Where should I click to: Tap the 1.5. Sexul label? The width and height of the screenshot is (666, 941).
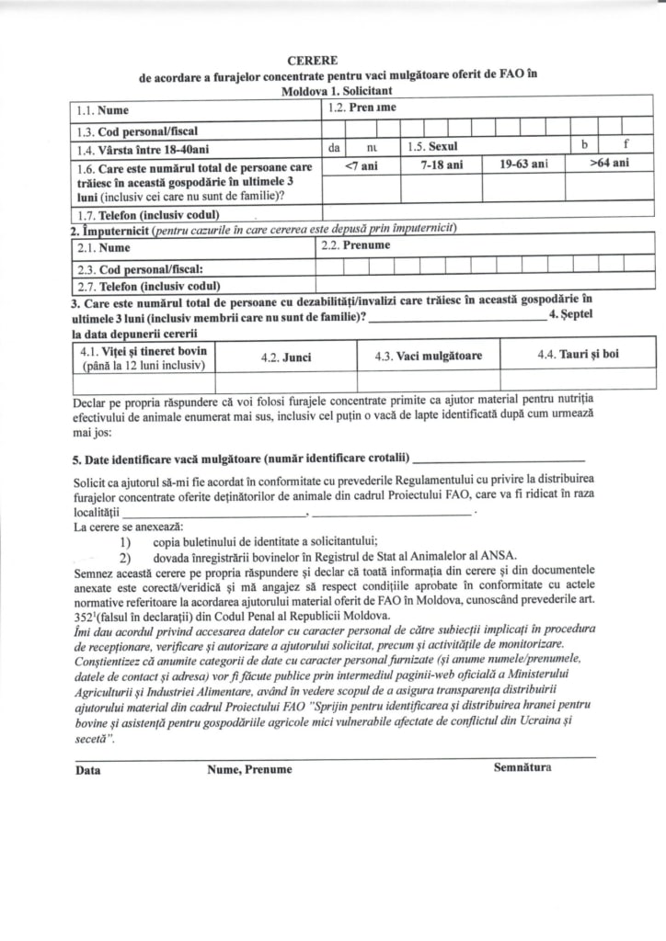(432, 146)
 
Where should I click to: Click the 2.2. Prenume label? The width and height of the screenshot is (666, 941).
(355, 246)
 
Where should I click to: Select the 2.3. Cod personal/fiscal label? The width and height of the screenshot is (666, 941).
(136, 269)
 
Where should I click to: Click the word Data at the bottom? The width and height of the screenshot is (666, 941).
(88, 770)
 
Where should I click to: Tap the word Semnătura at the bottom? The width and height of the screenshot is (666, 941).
(522, 766)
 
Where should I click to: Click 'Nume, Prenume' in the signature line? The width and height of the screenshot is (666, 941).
(249, 770)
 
